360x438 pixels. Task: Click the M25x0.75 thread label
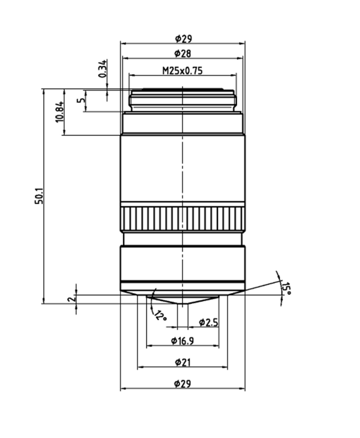pos(183,71)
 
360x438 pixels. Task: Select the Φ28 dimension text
pos(183,54)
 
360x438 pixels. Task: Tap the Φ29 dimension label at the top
pos(183,39)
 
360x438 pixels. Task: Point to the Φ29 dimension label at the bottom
pos(183,384)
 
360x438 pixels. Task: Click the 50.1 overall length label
pos(40,197)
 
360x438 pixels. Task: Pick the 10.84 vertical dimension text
pos(60,112)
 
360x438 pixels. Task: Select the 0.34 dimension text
pos(103,68)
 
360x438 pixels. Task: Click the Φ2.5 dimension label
pos(208,322)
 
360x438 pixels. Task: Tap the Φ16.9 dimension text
pos(182,341)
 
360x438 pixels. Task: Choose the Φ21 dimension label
pos(183,362)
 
